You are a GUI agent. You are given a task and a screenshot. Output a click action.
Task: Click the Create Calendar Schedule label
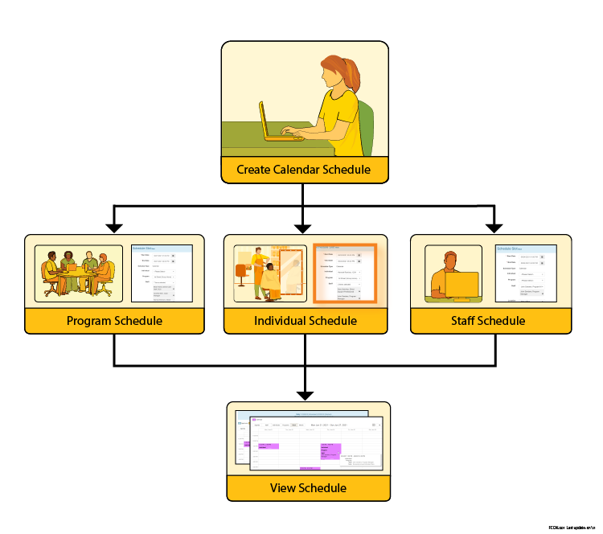[x=303, y=170]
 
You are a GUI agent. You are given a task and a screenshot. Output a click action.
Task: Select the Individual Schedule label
[x=305, y=321]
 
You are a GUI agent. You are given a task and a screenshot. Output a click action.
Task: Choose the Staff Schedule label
[x=490, y=321]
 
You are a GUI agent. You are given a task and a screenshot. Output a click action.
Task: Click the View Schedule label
[x=308, y=488]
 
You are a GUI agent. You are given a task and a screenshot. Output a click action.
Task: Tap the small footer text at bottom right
[x=571, y=527]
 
